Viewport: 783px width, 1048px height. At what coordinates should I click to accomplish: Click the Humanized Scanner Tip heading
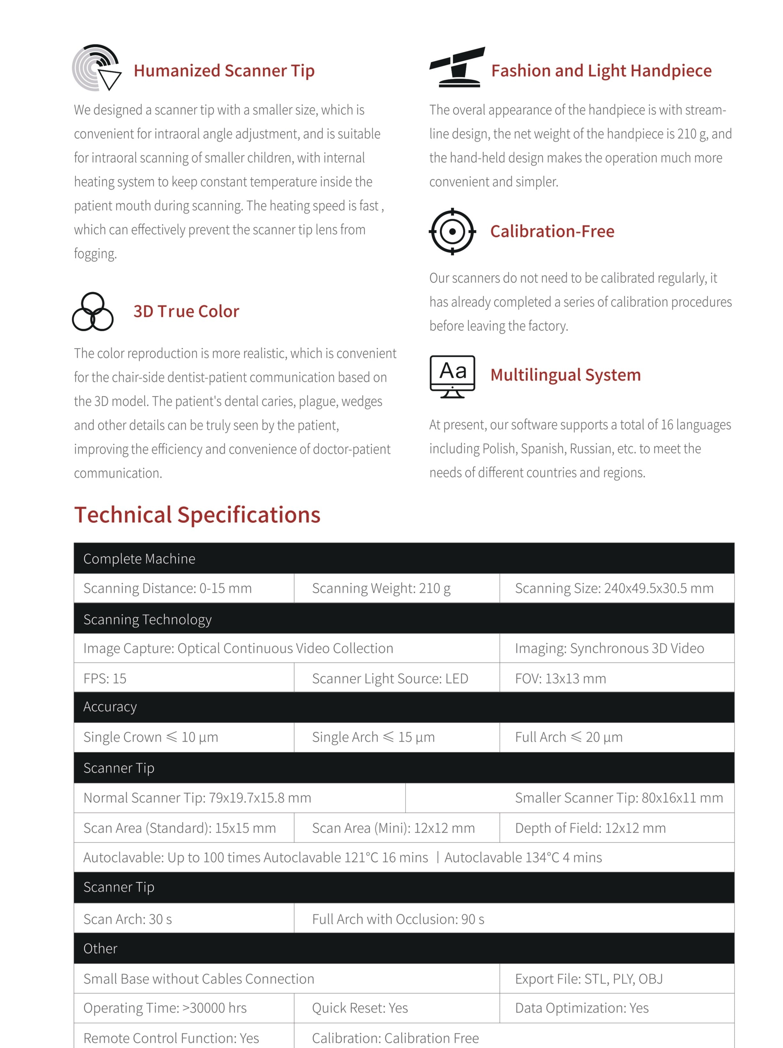pos(224,71)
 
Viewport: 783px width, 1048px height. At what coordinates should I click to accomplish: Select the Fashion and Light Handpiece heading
pos(601,71)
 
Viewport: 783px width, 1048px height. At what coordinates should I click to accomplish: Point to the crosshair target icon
pos(452,231)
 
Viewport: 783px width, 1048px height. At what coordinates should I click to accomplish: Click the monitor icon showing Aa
pos(452,376)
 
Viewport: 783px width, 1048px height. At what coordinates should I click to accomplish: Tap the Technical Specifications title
pos(197,515)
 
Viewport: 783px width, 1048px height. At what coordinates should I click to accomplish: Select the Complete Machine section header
pos(139,559)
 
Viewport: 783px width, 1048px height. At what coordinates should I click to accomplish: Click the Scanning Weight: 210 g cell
pos(381,588)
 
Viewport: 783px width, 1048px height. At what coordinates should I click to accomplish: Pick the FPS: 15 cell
pos(105,678)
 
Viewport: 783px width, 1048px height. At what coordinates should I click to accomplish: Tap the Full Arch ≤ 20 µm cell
pos(568,737)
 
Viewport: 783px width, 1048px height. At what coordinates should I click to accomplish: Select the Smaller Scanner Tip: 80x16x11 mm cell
pos(618,797)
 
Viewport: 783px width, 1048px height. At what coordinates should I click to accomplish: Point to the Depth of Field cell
pos(590,828)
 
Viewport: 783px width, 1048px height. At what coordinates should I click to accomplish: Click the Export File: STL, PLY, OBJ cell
pos(588,978)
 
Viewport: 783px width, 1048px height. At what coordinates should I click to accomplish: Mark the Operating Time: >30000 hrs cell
pos(165,1008)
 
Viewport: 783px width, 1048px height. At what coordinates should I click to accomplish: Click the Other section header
pos(100,948)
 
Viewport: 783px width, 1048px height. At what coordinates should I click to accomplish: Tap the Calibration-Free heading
pos(552,231)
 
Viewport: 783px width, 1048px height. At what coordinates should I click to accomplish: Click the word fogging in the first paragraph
pos(95,254)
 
